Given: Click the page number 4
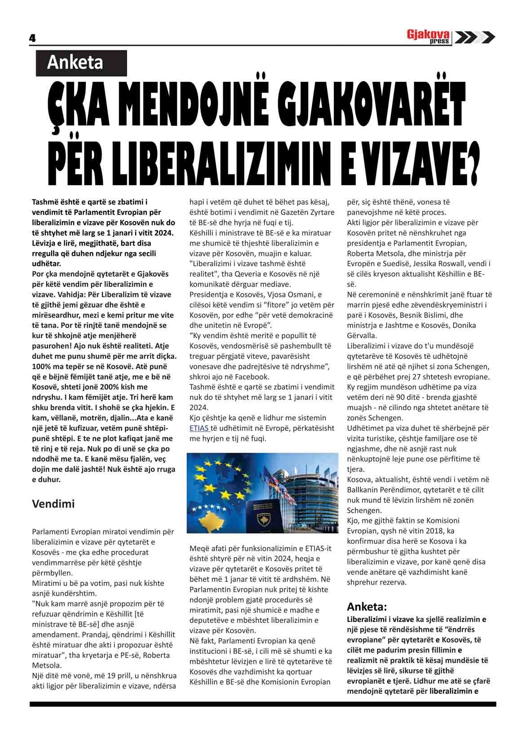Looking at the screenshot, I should click(32, 38).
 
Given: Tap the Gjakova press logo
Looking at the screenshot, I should click(428, 36).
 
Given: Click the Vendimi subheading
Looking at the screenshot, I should click(53, 504).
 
